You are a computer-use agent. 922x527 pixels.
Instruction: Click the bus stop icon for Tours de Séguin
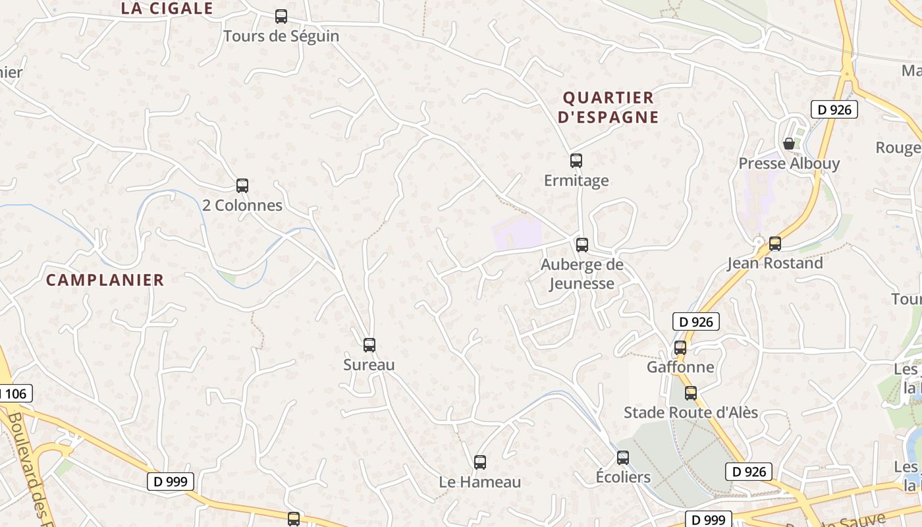[x=281, y=16]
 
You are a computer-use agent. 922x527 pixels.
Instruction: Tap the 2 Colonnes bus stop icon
[x=242, y=186]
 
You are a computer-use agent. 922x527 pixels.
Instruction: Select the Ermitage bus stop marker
[x=576, y=160]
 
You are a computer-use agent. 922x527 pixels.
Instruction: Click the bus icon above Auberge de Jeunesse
[x=582, y=245]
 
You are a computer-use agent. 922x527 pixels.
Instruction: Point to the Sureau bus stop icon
[x=369, y=345]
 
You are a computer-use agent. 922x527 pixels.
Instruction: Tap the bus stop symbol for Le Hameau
[x=480, y=462]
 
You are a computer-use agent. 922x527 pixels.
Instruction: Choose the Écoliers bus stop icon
[x=623, y=457]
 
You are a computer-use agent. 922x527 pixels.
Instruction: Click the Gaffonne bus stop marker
[x=680, y=347]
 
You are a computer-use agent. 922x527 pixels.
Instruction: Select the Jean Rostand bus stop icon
[x=775, y=244]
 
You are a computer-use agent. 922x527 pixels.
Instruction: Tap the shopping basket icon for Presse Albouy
[x=789, y=144]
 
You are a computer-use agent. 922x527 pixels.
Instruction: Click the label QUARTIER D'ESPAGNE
[x=608, y=107]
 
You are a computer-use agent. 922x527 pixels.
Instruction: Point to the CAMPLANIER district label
[x=105, y=280]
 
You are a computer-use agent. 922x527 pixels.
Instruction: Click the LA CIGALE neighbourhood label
[x=167, y=9]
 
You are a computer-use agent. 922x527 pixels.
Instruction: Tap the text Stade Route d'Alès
[x=691, y=413]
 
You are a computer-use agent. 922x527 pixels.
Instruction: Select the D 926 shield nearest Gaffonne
[x=695, y=321]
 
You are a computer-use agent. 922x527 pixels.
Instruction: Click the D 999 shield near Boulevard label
[x=170, y=482]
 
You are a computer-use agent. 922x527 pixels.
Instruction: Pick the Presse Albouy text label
[x=789, y=163]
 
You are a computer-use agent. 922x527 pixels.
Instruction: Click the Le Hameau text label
[x=480, y=482]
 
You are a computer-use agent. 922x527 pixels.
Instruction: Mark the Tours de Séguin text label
[x=281, y=36]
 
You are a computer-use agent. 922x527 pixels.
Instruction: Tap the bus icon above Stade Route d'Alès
[x=691, y=393]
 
